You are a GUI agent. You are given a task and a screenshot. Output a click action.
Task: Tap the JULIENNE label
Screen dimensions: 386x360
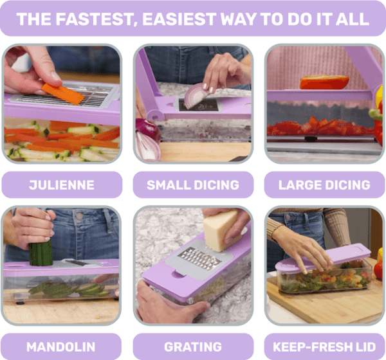62,184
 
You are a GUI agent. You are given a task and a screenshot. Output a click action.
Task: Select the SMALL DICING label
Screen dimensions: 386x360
193,184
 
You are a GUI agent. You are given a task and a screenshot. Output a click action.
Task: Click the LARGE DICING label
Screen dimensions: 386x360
324,184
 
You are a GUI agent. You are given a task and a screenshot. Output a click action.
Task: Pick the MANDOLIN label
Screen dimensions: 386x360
61,346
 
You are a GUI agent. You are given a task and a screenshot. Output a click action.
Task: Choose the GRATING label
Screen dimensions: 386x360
193,346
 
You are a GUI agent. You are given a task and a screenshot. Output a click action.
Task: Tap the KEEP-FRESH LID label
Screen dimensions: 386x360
324,346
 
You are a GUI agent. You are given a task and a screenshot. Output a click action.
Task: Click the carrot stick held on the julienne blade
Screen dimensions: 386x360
63,93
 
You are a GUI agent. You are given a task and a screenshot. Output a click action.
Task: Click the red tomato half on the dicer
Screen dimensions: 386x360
324,82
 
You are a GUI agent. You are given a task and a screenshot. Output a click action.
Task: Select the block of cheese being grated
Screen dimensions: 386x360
220,230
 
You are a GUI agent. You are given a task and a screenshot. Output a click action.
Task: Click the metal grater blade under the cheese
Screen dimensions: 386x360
199,259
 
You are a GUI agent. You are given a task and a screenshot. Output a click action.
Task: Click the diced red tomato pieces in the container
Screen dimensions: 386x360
320,126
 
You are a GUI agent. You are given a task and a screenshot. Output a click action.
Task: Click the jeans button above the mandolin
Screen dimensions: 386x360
79,216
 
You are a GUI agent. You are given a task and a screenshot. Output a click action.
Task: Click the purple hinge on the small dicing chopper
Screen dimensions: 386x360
154,114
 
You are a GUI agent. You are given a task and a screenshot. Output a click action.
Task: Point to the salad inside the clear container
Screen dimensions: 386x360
322,279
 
